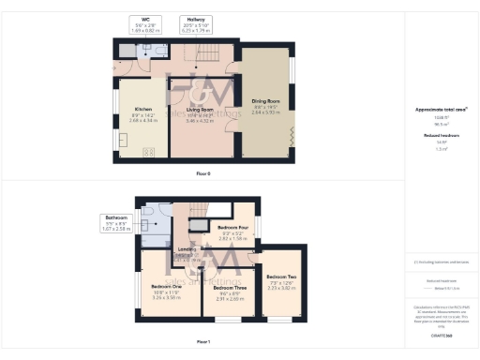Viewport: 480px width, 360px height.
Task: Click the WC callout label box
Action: [x=145, y=22]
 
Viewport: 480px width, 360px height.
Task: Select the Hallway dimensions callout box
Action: [x=196, y=22]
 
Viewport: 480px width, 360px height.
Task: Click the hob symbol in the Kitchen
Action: [x=147, y=152]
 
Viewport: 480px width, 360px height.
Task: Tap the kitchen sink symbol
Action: [x=122, y=140]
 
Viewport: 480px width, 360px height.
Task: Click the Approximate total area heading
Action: [x=441, y=109]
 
